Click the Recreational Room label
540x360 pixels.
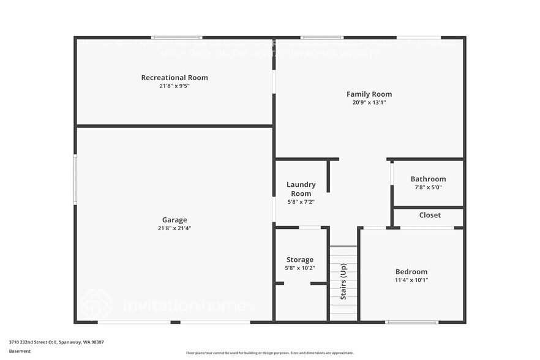tap(174, 78)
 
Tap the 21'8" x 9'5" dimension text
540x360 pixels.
tap(174, 86)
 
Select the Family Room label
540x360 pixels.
tap(369, 94)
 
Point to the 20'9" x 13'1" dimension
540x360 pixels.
tap(369, 103)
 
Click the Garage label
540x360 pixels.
tap(174, 220)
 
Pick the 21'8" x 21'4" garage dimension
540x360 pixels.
tap(174, 228)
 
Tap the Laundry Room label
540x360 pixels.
tap(301, 189)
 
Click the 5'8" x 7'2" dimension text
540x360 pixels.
tap(301, 201)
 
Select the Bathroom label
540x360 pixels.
tap(428, 179)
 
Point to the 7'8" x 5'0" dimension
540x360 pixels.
tap(428, 188)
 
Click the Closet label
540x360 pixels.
tap(430, 216)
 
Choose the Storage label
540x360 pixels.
tap(300, 260)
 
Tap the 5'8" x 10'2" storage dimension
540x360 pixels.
tap(300, 268)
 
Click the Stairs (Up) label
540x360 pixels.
tap(343, 283)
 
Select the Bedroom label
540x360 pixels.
tap(411, 272)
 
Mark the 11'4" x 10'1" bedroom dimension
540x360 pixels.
tap(411, 280)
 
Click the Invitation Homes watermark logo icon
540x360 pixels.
tap(96, 304)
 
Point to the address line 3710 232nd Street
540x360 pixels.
tap(56, 342)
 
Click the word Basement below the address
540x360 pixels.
tap(20, 351)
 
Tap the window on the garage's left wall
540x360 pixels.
tap(75, 179)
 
